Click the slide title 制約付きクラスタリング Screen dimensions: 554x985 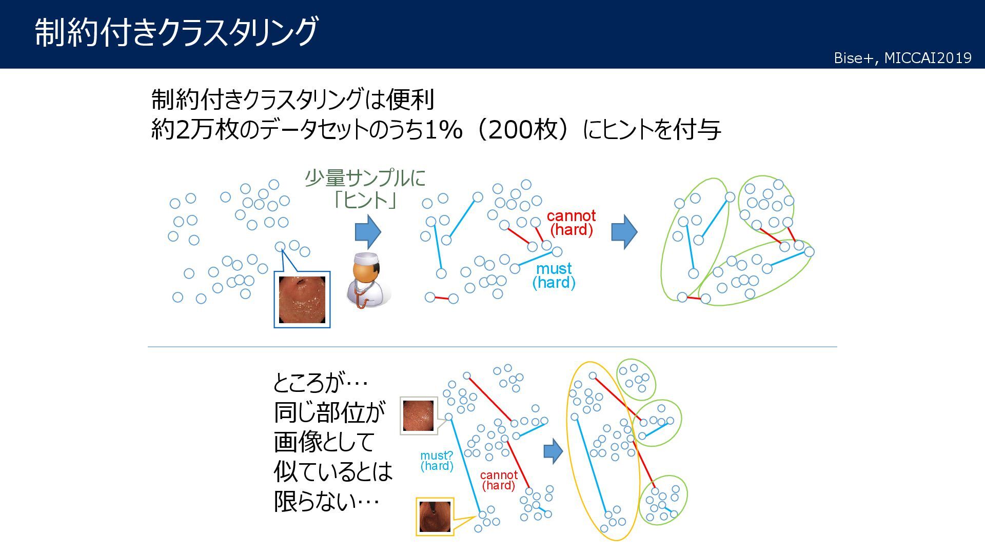177,32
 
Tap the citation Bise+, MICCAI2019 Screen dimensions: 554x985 902,58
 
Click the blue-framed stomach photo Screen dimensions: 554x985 302,300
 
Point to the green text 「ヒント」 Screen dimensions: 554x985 365,200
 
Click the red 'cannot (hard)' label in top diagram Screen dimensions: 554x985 571,223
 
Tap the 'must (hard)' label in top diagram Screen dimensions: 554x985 554,275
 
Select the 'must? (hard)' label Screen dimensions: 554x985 437,461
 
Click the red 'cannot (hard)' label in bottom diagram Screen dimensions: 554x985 499,480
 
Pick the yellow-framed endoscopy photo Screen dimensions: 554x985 435,517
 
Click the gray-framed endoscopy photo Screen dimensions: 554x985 418,415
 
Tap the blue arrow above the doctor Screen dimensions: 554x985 368,232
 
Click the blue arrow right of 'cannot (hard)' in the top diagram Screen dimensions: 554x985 624,232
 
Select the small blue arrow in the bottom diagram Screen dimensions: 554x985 553,451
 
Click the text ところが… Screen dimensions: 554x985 320,382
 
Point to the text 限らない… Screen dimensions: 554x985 326,501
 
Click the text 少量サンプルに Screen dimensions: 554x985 365,178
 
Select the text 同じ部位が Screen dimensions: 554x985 329,412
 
